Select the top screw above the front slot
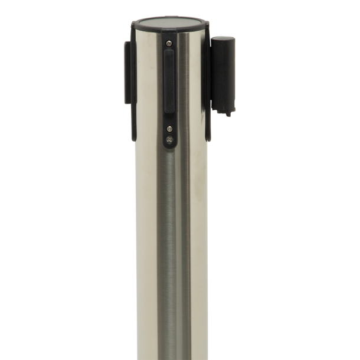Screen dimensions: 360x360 click(x=170, y=42)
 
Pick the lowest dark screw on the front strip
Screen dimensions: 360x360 click(x=170, y=140)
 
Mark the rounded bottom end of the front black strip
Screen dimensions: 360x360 click(x=169, y=148)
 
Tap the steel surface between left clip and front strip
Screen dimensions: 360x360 click(x=148, y=89)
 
